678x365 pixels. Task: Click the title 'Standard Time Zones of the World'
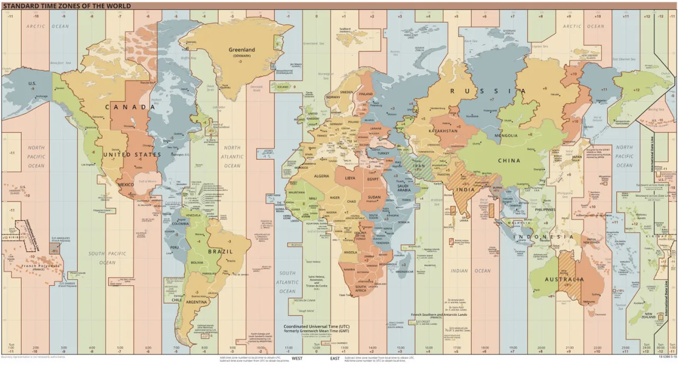(67, 6)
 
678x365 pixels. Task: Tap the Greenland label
(242, 50)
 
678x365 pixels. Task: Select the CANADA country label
(130, 107)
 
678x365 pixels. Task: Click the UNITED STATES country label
(132, 154)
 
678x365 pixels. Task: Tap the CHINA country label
(509, 160)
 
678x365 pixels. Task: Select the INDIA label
(466, 189)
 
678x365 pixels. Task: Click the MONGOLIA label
(506, 135)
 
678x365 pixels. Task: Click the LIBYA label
(350, 178)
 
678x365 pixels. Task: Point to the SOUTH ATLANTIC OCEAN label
(287, 282)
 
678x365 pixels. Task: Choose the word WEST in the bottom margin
(297, 359)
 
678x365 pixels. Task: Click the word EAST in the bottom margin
(335, 359)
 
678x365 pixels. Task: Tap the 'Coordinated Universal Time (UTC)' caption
(316, 326)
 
